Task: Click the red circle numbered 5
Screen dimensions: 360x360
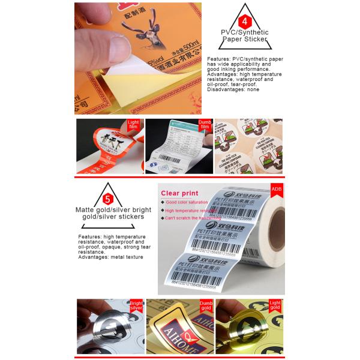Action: (x=107, y=199)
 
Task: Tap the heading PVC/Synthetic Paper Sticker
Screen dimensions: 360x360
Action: (x=244, y=36)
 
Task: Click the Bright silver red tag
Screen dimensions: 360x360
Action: (x=136, y=307)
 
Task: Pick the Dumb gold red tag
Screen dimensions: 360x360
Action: (x=206, y=307)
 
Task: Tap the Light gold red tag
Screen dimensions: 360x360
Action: (x=275, y=307)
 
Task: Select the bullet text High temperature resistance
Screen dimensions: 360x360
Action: (x=191, y=211)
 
